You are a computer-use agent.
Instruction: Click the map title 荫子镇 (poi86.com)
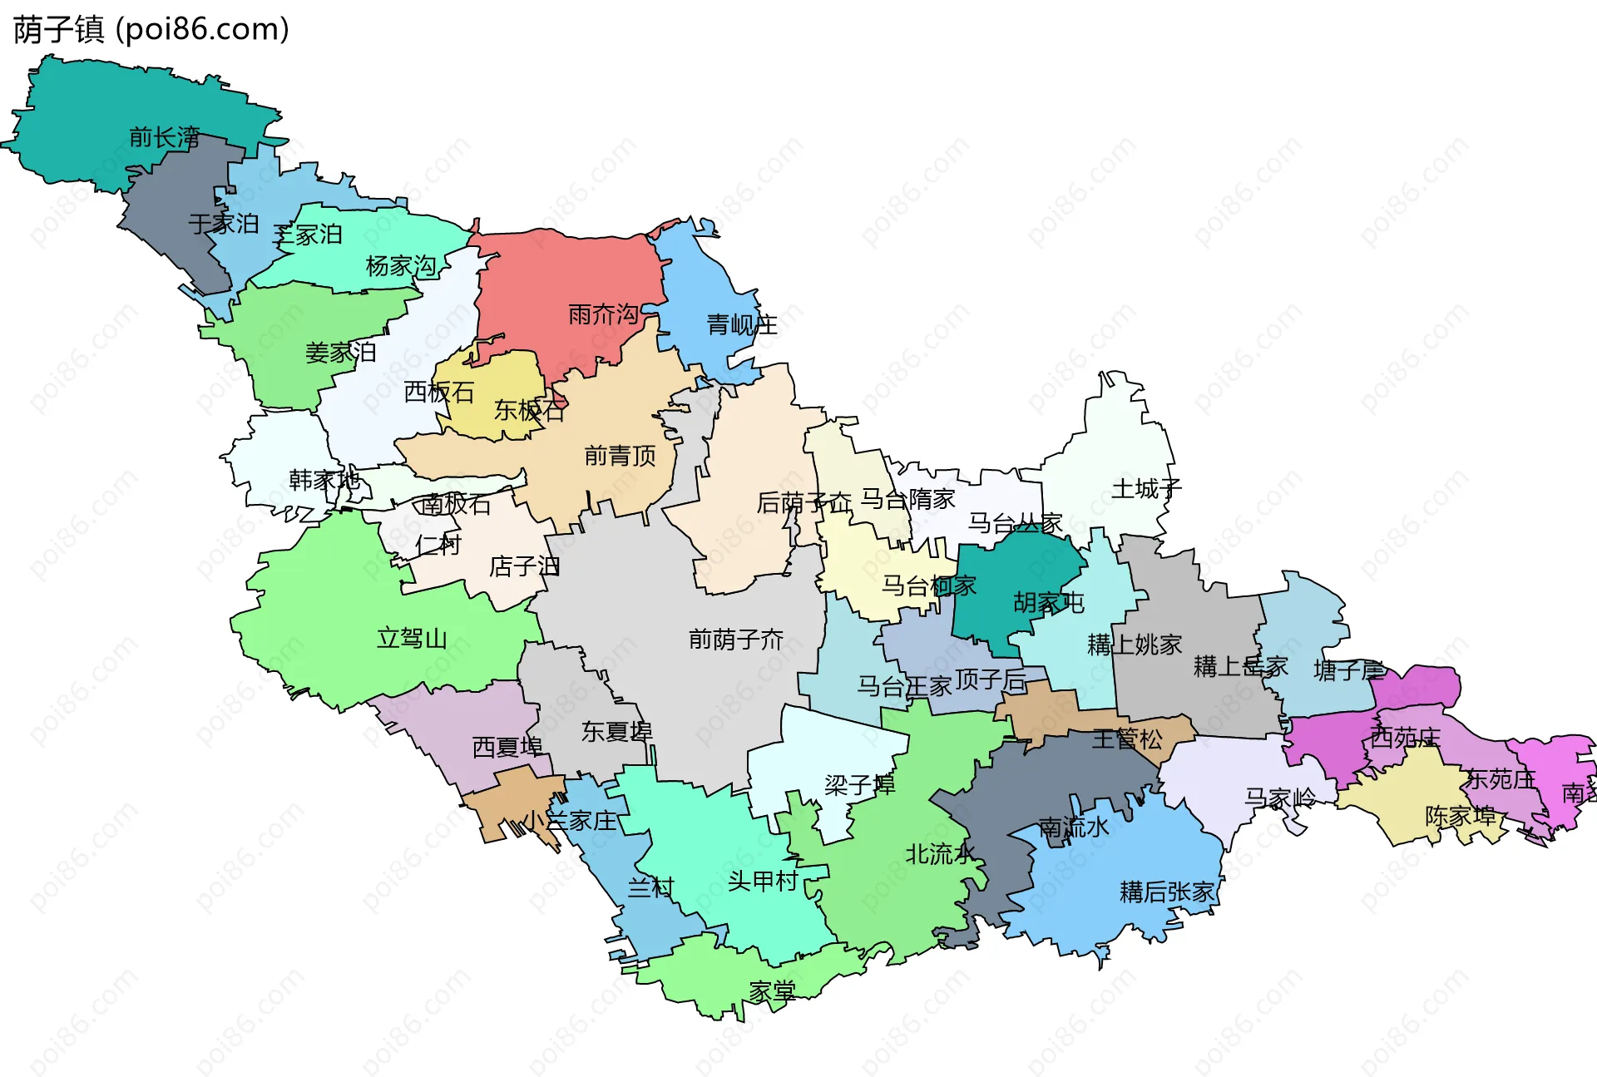(x=151, y=29)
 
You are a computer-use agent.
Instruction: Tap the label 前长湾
(x=164, y=137)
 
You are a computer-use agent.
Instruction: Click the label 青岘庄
(x=741, y=324)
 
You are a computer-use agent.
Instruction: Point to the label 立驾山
(x=412, y=639)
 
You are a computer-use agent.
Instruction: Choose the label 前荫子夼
(x=735, y=640)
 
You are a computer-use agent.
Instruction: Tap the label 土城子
(x=1146, y=489)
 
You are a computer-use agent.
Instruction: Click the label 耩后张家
(x=1167, y=892)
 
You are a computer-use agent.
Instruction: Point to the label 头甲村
(x=763, y=881)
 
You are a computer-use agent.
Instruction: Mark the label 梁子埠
(x=859, y=785)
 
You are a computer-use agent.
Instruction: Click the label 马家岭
(x=1280, y=798)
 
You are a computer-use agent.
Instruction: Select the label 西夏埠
(x=507, y=747)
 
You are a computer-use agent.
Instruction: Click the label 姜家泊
(x=340, y=353)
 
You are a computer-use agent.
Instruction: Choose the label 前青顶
(x=620, y=456)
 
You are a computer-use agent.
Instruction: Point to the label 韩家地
(x=324, y=480)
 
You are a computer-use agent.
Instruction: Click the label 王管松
(x=1127, y=739)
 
